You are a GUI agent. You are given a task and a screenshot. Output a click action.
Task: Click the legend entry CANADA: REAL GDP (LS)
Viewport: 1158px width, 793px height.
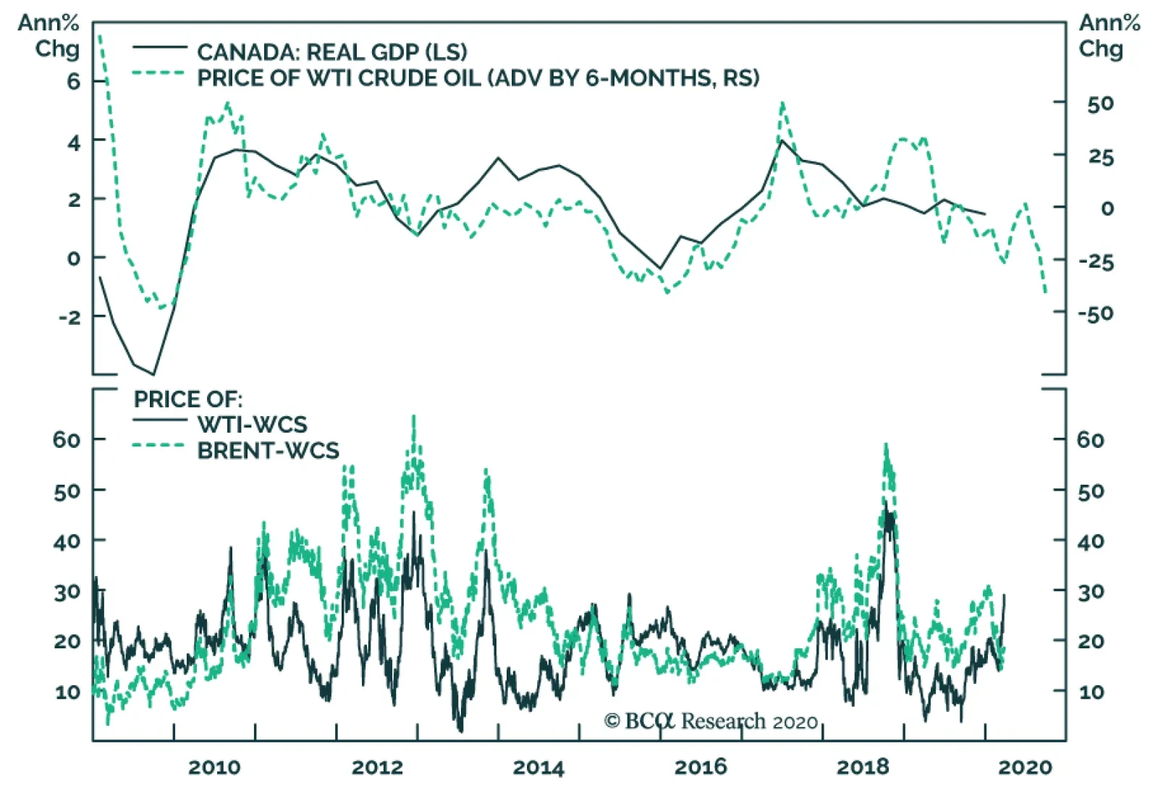click(331, 52)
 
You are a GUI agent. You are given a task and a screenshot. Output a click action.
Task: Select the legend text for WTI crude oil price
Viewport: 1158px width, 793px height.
click(478, 78)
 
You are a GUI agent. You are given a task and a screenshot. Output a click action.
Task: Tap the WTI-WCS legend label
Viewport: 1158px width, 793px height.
click(252, 424)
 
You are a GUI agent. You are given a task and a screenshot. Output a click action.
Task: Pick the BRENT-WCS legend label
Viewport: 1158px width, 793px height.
click(268, 451)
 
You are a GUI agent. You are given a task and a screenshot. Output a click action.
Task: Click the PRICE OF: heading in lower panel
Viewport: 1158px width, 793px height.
click(188, 399)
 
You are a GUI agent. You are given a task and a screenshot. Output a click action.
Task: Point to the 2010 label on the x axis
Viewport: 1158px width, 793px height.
click(214, 767)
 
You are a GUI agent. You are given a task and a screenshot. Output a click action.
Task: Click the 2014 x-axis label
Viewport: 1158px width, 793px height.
click(538, 767)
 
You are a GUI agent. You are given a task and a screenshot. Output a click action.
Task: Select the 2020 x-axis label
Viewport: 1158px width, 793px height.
click(1025, 767)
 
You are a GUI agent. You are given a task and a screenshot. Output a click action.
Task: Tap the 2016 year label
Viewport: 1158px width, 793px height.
click(701, 767)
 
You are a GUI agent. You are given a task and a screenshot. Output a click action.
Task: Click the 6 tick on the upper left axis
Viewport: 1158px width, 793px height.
click(74, 81)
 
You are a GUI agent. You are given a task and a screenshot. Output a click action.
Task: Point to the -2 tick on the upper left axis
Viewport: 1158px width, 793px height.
click(69, 316)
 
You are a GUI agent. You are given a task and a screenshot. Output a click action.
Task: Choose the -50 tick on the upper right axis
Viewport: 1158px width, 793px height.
click(1096, 313)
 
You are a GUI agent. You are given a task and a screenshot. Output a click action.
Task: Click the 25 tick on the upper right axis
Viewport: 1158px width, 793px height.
click(1101, 156)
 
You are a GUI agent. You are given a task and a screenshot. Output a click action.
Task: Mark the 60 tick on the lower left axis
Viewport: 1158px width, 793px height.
click(66, 439)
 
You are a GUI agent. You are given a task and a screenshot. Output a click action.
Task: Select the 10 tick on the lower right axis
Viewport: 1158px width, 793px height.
click(1091, 692)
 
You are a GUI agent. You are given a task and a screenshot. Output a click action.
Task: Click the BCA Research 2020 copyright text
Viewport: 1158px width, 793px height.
click(711, 721)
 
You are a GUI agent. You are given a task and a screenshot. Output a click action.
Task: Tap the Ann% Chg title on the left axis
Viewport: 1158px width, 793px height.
click(48, 36)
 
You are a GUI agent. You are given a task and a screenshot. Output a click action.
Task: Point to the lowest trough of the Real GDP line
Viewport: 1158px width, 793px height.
click(153, 374)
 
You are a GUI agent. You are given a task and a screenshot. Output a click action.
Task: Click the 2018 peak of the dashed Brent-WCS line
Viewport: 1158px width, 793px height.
click(886, 444)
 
